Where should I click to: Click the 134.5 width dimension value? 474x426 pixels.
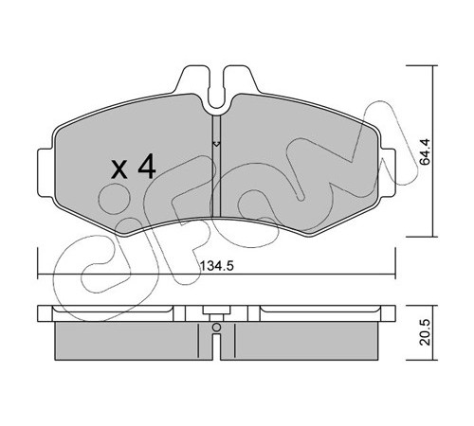coord(217,266)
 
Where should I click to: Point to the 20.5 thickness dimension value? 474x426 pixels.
coord(426,331)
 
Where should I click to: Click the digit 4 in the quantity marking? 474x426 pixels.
coord(147,167)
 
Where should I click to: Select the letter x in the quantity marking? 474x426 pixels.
coord(120,169)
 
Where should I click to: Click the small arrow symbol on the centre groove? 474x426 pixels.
coord(216,144)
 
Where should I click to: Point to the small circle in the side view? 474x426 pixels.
coord(216,328)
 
